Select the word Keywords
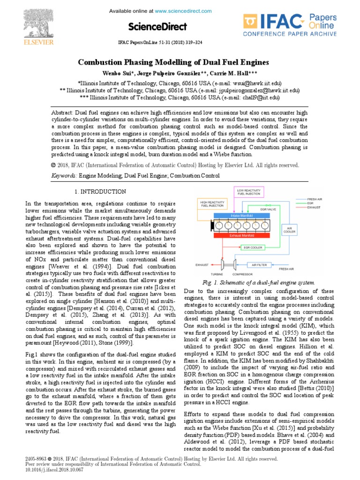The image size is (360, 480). [x=64, y=176]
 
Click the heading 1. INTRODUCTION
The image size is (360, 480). [x=100, y=192]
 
